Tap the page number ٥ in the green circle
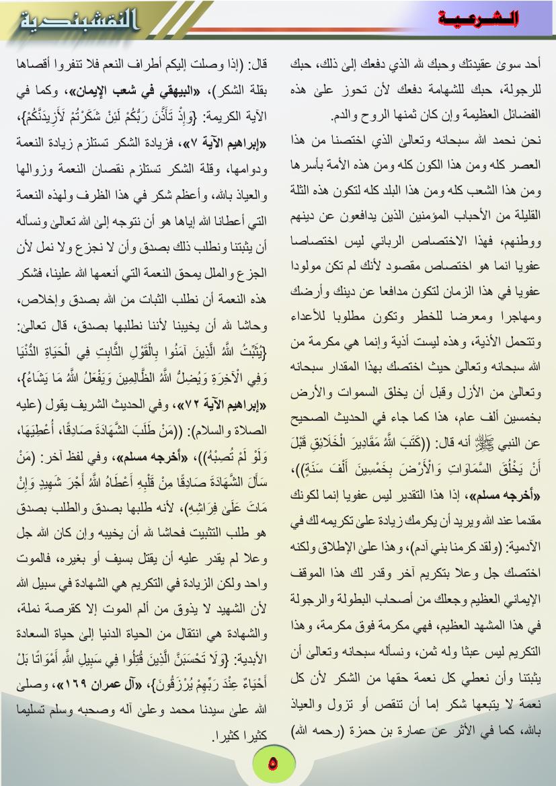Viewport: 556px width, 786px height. [x=272, y=764]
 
